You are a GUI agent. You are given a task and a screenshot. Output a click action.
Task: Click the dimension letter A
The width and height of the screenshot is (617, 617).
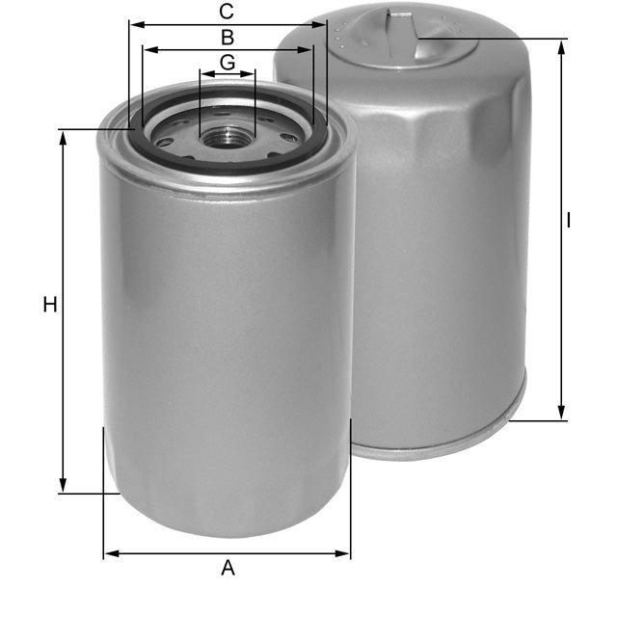(x=228, y=568)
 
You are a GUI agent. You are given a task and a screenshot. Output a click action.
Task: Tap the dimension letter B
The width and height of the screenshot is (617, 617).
(x=228, y=39)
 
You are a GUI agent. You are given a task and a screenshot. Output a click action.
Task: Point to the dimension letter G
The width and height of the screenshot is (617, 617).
(x=228, y=62)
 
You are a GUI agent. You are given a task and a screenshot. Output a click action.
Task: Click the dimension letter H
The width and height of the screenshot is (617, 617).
(x=50, y=306)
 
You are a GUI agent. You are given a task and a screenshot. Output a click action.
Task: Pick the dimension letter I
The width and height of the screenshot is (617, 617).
(x=569, y=221)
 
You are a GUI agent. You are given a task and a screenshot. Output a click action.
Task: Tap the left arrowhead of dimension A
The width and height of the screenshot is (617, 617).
(x=109, y=553)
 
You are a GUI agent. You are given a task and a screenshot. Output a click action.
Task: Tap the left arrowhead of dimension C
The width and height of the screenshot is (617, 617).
(x=134, y=25)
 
